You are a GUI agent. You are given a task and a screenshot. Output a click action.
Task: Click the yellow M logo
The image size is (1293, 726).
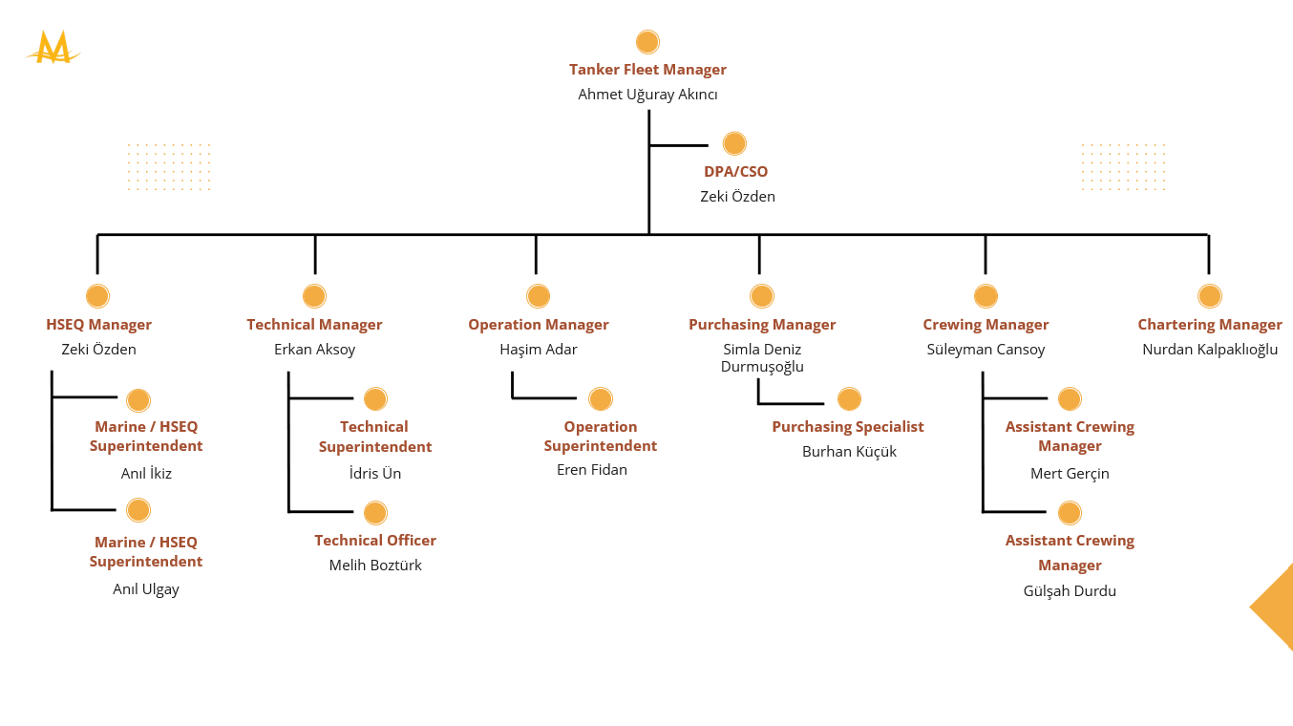(53, 47)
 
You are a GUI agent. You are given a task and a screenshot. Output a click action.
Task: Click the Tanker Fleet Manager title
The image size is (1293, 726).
(647, 70)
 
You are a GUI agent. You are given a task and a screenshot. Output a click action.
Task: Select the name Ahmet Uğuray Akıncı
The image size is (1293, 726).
(647, 95)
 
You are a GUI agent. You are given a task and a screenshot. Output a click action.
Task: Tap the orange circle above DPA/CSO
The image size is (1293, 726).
(734, 143)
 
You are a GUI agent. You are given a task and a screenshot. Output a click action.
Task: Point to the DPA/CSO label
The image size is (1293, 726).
(735, 172)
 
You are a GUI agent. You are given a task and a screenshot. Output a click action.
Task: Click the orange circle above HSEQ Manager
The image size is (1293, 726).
(97, 296)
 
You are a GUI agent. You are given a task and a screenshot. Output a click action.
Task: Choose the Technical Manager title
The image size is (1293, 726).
(314, 325)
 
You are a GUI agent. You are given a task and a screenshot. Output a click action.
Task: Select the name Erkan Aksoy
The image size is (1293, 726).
(314, 350)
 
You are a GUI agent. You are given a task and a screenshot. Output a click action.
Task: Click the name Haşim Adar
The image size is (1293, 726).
(539, 350)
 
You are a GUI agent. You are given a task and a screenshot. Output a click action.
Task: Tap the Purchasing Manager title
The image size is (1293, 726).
(762, 325)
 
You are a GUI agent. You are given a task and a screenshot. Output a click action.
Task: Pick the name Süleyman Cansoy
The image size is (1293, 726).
(986, 350)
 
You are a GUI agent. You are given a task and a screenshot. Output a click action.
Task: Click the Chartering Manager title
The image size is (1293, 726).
(1210, 325)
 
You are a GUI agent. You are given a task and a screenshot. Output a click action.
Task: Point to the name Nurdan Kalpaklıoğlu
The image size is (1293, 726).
(1210, 350)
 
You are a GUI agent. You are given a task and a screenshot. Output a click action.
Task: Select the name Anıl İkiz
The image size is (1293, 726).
(146, 474)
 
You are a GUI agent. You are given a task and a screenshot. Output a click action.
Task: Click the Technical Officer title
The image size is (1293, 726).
(375, 541)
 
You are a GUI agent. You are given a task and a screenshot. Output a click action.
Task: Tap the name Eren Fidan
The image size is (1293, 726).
(592, 470)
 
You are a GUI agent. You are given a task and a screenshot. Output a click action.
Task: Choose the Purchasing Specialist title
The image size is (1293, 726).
(848, 427)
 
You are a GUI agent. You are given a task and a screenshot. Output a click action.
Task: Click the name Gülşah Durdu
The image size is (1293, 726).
(1070, 591)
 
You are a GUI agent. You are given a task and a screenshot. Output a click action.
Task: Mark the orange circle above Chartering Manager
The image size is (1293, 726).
(1209, 296)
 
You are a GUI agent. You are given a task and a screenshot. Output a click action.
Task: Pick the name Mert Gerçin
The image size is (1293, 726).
(1070, 474)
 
